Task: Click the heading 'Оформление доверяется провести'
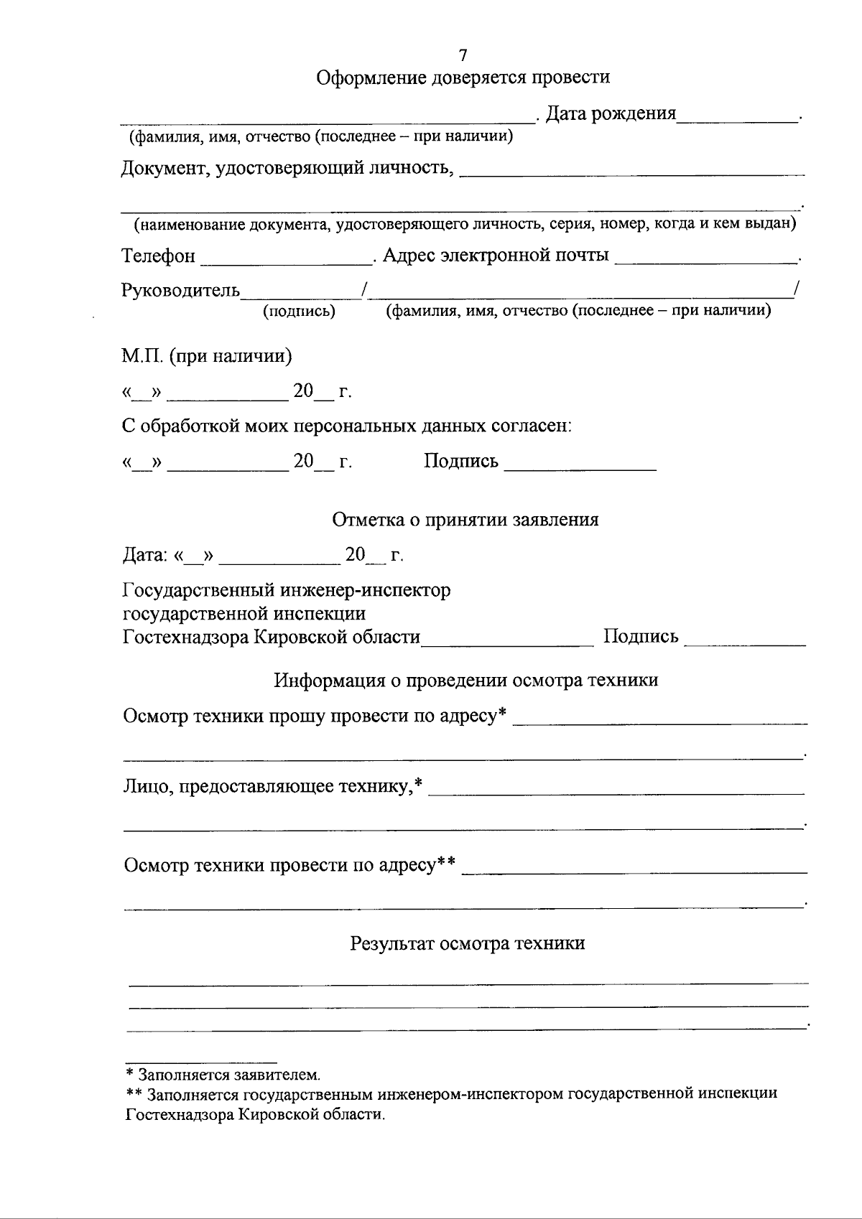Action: pyautogui.click(x=463, y=78)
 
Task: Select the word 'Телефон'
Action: pyautogui.click(x=158, y=256)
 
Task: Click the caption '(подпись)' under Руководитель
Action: pyautogui.click(x=300, y=312)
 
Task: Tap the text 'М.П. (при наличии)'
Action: pyautogui.click(x=207, y=356)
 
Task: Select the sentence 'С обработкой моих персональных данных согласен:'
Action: pyautogui.click(x=347, y=426)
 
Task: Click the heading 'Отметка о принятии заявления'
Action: pyautogui.click(x=465, y=520)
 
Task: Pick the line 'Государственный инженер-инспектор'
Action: pyautogui.click(x=287, y=591)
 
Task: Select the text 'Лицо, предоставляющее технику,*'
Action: pyautogui.click(x=272, y=787)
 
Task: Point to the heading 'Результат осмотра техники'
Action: pyautogui.click(x=467, y=943)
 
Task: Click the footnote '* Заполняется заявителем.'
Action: pyautogui.click(x=223, y=1075)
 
